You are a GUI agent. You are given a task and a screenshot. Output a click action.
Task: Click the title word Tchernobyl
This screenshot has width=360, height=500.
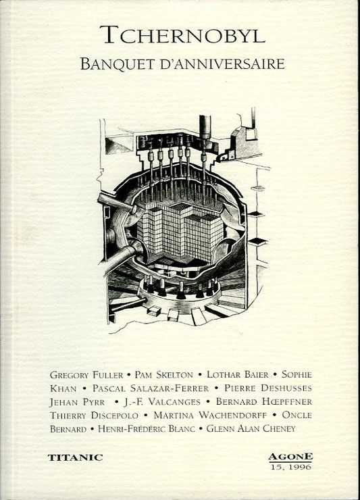point(183,34)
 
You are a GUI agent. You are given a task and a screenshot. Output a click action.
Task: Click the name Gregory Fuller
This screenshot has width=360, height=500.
point(86,375)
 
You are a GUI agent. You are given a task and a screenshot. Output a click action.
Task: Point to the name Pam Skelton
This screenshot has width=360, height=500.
point(164,375)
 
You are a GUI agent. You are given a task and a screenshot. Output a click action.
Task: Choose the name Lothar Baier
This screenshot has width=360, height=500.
point(238,374)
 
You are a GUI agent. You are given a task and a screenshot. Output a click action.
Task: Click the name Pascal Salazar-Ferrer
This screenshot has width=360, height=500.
point(151,389)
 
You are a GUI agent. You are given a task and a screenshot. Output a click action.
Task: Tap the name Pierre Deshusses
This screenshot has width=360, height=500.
point(268,388)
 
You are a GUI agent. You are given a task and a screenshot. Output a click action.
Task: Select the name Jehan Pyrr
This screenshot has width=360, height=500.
point(77,403)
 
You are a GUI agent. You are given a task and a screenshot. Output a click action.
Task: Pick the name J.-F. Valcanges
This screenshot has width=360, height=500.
point(162,402)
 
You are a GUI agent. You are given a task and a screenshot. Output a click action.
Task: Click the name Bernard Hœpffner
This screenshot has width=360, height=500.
point(264,401)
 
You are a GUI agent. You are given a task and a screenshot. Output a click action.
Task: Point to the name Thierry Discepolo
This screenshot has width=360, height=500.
point(94,416)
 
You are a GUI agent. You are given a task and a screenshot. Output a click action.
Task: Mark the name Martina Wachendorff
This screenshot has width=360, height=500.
point(210,416)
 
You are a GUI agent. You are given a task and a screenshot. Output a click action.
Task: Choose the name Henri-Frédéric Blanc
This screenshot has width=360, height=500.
point(147,429)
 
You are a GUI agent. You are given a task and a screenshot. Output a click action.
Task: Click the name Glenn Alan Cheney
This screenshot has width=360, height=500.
point(251,428)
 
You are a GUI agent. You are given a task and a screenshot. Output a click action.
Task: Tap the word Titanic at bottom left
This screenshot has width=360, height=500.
point(76,457)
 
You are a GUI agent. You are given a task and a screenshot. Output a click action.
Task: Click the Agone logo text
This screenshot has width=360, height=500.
point(290,457)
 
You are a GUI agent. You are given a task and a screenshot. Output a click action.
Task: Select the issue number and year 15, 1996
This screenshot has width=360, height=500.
point(290,467)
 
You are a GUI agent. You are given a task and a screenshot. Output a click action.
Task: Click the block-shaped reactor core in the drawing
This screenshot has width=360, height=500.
point(180,232)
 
